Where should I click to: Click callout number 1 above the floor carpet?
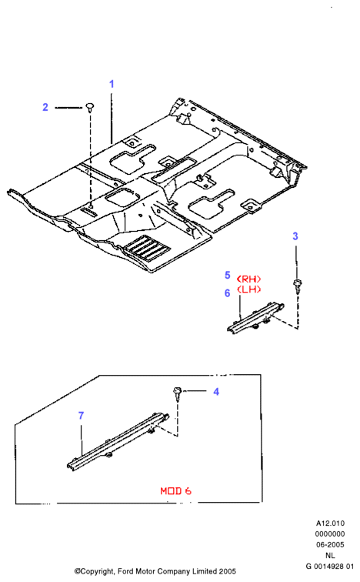point(112,84)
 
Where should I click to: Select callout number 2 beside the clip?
point(45,107)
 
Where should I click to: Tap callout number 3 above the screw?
point(295,236)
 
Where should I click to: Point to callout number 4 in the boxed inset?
point(216,392)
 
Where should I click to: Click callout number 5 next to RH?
point(227,275)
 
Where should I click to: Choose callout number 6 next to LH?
point(227,293)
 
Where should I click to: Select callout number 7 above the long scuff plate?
point(82,416)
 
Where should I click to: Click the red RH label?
point(248,279)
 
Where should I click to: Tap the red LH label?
point(248,289)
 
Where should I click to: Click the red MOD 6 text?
point(175,491)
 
